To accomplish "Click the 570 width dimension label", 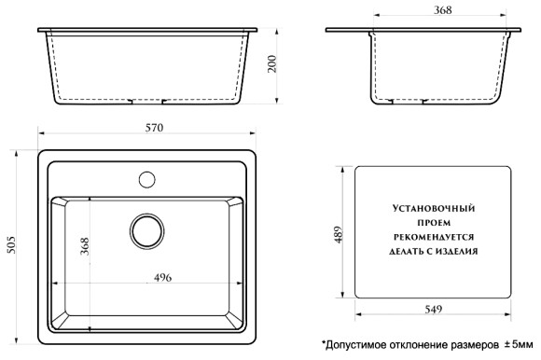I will tap(149, 128).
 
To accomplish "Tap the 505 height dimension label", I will tap(12, 244).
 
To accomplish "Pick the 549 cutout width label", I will tap(432, 310).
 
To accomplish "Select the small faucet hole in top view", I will tap(147, 176).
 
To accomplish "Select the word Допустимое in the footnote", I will tap(354, 346).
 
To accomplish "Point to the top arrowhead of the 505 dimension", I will tap(21, 149).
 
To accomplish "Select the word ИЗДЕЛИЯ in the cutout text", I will tap(457, 251).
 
